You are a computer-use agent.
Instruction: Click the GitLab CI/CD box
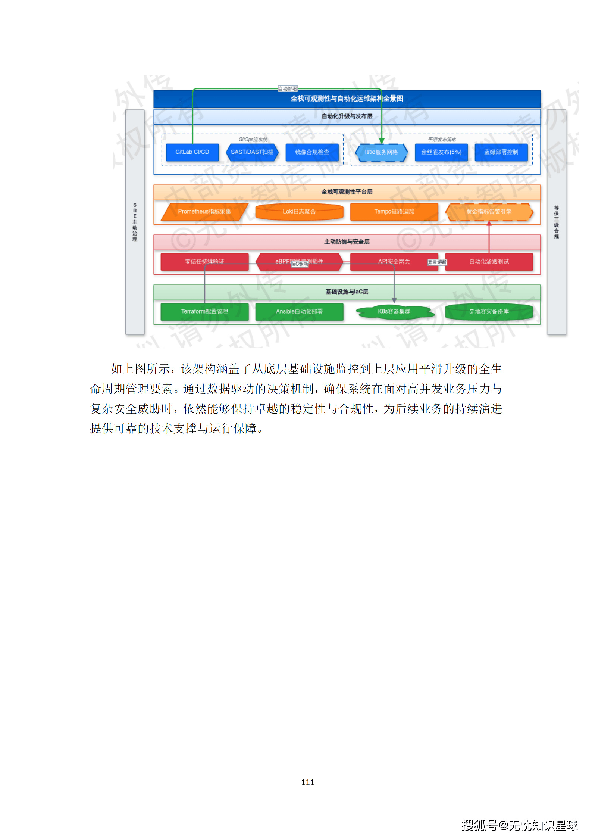point(192,152)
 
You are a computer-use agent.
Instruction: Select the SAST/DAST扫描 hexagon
point(252,152)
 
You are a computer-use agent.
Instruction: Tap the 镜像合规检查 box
point(312,152)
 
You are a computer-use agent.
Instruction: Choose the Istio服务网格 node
point(381,152)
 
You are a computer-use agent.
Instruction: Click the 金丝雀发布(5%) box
point(441,152)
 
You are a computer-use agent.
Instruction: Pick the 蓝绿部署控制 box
point(501,152)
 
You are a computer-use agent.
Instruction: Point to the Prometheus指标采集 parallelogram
point(204,212)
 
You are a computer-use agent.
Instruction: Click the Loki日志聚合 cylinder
point(299,212)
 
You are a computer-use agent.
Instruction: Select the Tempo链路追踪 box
point(394,212)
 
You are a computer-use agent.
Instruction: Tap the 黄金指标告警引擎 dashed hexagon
point(489,212)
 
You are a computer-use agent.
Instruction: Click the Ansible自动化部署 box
point(299,312)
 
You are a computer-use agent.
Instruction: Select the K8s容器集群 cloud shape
point(394,312)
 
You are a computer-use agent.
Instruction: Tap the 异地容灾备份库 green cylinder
point(489,312)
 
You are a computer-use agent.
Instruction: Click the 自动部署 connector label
point(288,89)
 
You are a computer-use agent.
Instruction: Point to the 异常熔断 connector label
point(437,262)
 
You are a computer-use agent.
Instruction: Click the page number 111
point(308,782)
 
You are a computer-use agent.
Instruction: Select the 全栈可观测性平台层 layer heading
point(347,192)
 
